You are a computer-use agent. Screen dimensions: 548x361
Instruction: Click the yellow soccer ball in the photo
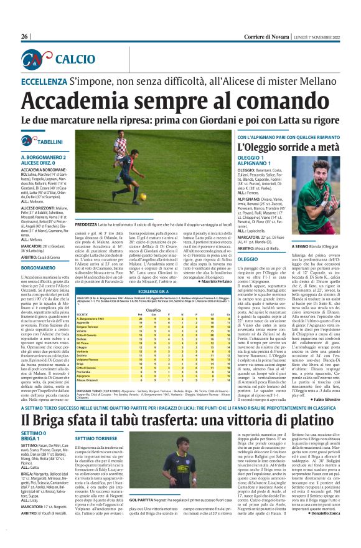pyautogui.click(x=143, y=195)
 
